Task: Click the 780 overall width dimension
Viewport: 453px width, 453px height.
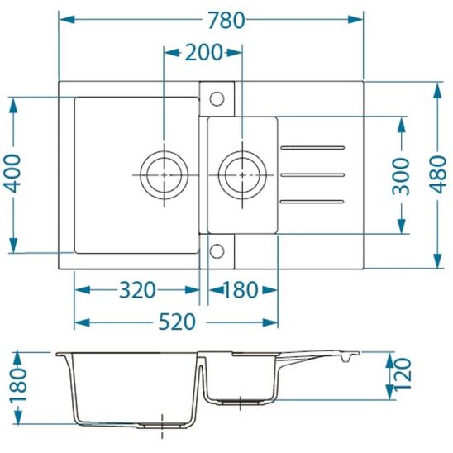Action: [226, 20]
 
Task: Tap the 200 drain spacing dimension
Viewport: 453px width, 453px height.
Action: [203, 53]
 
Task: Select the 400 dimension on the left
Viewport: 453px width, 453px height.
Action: [13, 174]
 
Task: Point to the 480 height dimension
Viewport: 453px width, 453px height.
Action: [438, 174]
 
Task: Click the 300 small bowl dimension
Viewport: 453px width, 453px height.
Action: [401, 176]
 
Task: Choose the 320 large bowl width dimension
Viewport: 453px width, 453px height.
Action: [137, 290]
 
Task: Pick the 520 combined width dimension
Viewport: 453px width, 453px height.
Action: [177, 322]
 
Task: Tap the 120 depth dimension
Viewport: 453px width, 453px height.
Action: [403, 374]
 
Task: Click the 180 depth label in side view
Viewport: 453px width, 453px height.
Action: [18, 385]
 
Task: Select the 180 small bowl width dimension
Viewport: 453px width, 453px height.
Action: [241, 290]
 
